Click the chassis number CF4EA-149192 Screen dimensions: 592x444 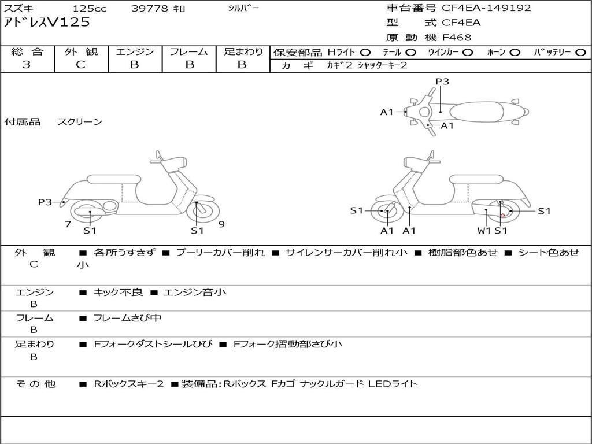pos(486,8)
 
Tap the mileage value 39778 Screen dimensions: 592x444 pos(150,8)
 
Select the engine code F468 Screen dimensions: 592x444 pos(457,38)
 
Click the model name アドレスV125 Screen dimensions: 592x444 pos(47,23)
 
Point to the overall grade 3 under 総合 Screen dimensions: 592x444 pos(27,65)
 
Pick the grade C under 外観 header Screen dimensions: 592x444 pos(80,65)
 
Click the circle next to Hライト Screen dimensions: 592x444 pos(365,52)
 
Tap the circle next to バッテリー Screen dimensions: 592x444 pos(580,52)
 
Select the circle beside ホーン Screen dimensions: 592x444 pos(515,52)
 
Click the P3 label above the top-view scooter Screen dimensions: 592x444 pos(442,81)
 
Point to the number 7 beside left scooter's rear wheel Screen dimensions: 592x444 pos(68,224)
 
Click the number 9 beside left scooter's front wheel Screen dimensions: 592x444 pos(221,224)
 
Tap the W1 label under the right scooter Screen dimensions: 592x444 pos(484,231)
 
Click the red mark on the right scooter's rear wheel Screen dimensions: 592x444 pos(503,215)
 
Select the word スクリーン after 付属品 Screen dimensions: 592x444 pos(80,121)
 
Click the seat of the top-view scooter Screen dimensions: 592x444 pos(476,112)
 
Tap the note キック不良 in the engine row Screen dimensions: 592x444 pos(118,292)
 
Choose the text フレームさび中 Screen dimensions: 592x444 pos(127,318)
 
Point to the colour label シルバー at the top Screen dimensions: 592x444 pos(243,8)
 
